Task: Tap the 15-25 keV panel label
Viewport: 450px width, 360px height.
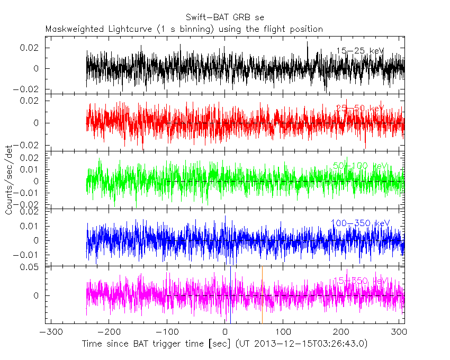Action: click(360, 51)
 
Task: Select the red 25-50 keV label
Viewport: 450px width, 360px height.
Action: click(360, 109)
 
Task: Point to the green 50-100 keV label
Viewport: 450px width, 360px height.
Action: click(360, 166)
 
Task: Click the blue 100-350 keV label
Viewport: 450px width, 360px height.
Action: click(360, 223)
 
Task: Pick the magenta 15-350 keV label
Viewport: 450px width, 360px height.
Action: click(360, 280)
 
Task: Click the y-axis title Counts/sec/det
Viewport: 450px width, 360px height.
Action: click(9, 181)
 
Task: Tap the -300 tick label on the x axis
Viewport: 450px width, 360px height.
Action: click(49, 332)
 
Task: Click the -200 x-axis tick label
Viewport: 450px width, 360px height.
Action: click(107, 332)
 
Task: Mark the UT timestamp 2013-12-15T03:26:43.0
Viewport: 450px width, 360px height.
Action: click(310, 344)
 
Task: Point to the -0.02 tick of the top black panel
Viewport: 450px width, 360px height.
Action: click(29, 89)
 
